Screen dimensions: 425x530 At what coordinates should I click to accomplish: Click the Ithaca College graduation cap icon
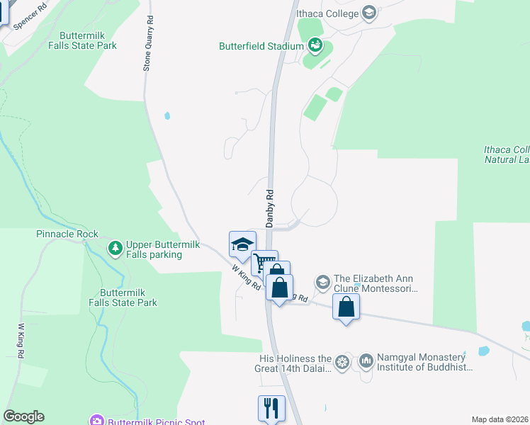[368, 12]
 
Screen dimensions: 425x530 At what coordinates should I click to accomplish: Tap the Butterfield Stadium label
[260, 47]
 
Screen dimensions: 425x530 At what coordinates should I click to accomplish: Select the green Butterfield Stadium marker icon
[315, 47]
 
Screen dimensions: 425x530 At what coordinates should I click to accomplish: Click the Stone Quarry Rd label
[148, 45]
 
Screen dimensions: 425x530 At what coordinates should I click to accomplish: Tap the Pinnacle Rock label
[67, 234]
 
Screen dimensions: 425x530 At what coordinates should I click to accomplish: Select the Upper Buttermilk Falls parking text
[163, 249]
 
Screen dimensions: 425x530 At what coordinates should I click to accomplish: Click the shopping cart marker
[264, 263]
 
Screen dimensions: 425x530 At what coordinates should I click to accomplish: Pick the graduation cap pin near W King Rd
[242, 244]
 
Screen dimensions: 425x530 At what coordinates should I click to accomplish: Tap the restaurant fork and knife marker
[271, 407]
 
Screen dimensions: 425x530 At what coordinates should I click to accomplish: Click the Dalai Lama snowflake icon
[342, 363]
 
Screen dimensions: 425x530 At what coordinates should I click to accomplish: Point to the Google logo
[23, 416]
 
